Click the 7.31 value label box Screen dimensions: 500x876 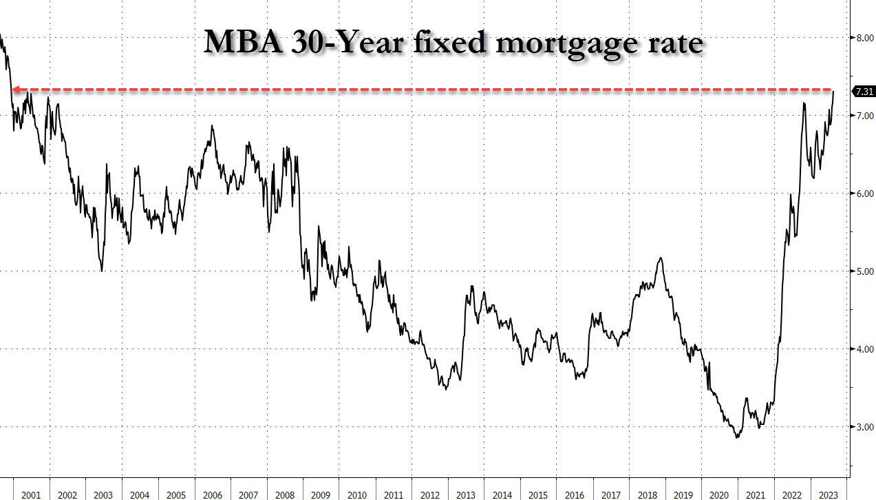pos(864,91)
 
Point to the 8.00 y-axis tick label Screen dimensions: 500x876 pos(864,38)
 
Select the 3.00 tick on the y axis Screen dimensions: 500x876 pos(864,427)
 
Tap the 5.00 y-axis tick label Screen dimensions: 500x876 pos(864,271)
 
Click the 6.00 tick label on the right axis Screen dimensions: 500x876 pos(864,194)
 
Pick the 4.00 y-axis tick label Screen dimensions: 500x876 pos(864,349)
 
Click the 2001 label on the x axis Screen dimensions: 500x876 pos(31,495)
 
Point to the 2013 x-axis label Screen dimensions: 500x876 pos(466,495)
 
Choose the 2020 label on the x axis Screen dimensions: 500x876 pos(718,495)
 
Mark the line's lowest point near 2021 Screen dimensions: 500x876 pos(738,437)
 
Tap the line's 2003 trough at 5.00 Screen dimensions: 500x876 pos(102,271)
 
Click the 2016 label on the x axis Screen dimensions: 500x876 pos(574,495)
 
